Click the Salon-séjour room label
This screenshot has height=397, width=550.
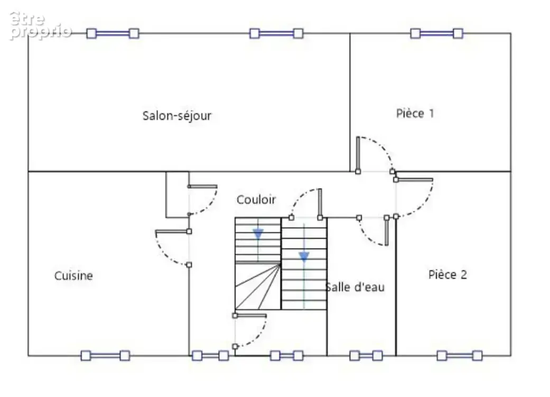click(177, 115)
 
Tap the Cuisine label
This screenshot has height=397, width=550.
click(73, 276)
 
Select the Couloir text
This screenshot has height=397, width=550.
click(256, 200)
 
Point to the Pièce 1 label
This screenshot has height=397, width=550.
click(415, 113)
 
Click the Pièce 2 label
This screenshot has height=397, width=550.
click(448, 275)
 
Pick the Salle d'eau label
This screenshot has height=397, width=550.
click(355, 287)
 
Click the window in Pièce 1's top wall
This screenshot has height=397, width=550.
click(437, 34)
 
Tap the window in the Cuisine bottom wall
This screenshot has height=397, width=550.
click(105, 356)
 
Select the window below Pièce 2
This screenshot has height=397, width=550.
click(460, 356)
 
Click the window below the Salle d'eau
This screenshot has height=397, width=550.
click(366, 356)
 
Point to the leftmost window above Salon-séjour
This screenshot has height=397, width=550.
click(113, 34)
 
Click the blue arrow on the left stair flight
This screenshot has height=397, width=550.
click(258, 233)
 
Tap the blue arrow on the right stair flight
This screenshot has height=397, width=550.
click(304, 257)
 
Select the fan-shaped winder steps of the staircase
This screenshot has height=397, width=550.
click(258, 286)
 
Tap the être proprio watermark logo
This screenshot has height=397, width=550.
click(40, 25)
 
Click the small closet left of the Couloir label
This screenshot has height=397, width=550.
click(178, 195)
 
